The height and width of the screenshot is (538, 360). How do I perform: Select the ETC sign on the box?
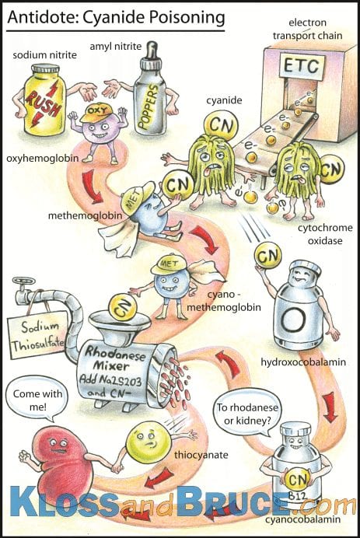pos(301,67)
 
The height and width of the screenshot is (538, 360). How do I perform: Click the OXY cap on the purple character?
pos(96,112)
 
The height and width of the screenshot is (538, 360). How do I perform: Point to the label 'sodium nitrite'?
pos(44,54)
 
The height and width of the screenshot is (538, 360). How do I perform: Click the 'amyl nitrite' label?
pos(116,46)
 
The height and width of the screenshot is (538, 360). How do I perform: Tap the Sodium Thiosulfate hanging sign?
pos(38,335)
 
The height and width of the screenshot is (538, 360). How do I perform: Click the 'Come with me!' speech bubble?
pos(37,399)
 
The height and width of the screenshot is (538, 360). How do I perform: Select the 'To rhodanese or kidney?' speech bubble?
pos(247,413)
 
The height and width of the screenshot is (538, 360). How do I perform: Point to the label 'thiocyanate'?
pos(201,455)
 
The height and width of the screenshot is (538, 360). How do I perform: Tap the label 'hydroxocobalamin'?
pos(303,362)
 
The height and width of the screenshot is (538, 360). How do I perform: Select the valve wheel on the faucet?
pos(23,281)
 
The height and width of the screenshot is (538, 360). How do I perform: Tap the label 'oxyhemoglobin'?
pos(43,159)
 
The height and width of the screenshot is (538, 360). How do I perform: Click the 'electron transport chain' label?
pos(307,29)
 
